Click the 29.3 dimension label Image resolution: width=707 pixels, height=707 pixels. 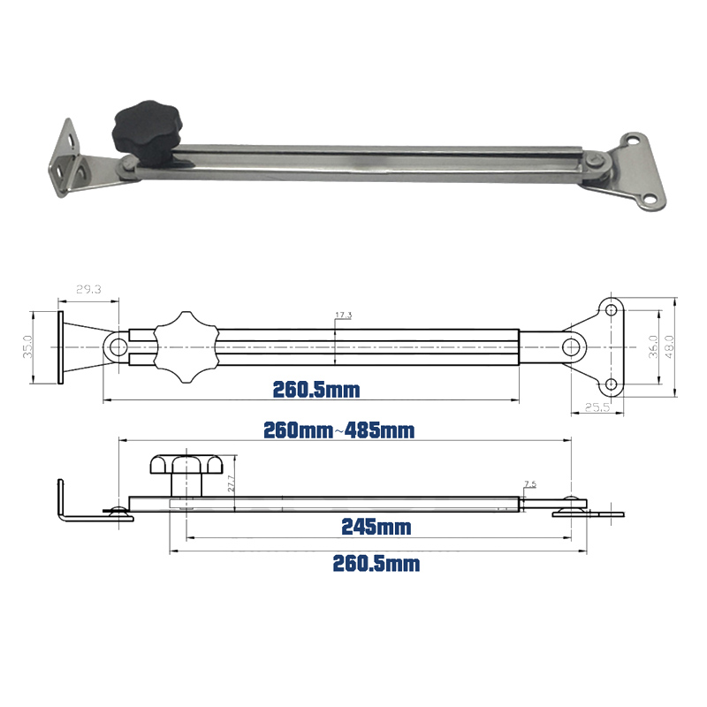[x=88, y=289]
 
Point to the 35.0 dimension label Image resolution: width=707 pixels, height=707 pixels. [x=27, y=346]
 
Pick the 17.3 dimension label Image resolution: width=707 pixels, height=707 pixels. [x=344, y=315]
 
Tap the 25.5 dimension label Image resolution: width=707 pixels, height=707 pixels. [x=597, y=407]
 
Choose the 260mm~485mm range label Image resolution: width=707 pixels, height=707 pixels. [x=339, y=430]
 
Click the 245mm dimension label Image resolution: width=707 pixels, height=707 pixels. [x=376, y=528]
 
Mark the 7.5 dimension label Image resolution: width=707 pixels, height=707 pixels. [x=529, y=483]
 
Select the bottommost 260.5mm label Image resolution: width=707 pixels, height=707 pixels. [x=376, y=564]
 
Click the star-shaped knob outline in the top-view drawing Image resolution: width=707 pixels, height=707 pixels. [x=185, y=346]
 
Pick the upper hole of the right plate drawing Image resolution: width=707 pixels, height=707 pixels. [x=610, y=308]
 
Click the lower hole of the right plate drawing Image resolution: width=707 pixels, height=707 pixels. [x=610, y=385]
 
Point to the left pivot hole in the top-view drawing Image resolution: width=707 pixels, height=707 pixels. [x=117, y=346]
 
